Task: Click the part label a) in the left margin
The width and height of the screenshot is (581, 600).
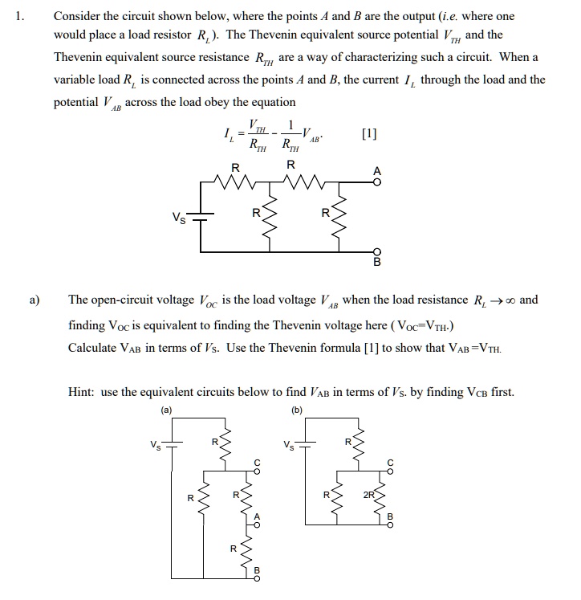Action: click(33, 300)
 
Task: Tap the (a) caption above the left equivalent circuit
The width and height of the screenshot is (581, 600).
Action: click(167, 409)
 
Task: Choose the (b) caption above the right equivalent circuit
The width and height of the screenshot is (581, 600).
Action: click(296, 409)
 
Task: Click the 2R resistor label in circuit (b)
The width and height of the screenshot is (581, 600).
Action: click(368, 496)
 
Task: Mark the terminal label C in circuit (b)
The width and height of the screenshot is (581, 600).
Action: click(391, 463)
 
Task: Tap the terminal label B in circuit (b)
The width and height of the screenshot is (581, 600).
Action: click(391, 516)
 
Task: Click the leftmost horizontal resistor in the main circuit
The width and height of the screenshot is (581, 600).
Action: click(234, 185)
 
